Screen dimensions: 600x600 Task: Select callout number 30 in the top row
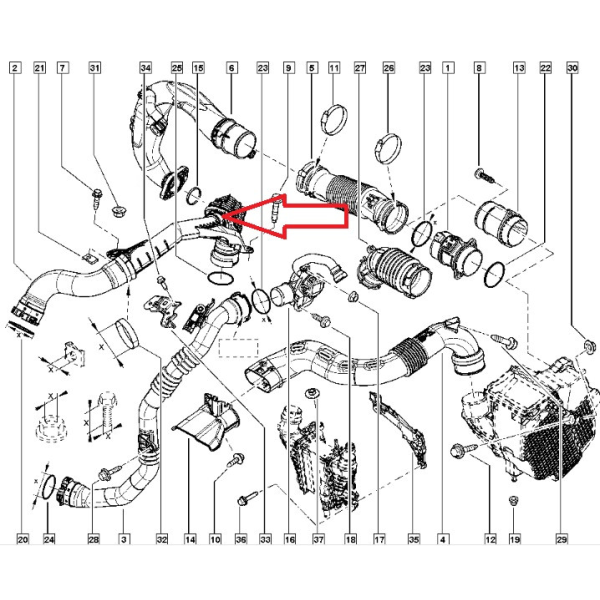572,67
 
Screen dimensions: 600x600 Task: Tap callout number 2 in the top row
15,67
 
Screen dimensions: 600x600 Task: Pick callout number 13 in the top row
519,67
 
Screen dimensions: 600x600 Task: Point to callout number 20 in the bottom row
23,539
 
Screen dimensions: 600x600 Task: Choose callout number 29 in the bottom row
561,539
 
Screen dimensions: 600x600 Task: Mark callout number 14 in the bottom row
190,539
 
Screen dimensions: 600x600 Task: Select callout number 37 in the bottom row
318,539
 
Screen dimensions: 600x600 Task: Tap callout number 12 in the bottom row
490,539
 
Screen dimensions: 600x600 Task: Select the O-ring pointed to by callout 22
494,274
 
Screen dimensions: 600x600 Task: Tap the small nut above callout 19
512,500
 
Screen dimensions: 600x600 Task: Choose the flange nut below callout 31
118,210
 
